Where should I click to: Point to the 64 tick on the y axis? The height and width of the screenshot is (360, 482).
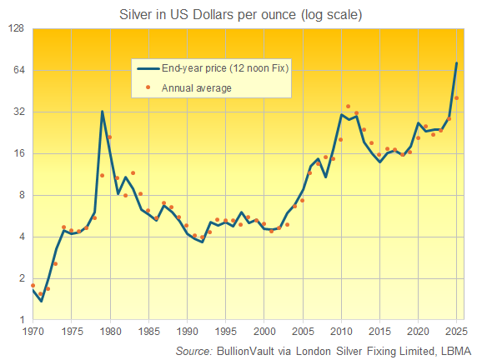coord(19,71)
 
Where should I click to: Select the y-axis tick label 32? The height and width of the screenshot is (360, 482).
coord(19,112)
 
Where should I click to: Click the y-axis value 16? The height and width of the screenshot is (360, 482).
coord(19,154)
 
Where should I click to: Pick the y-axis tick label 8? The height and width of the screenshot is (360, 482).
coord(23,196)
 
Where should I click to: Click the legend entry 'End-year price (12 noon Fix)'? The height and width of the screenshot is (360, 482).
coord(225,69)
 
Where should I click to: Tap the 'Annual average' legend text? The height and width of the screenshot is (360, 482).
coord(197,87)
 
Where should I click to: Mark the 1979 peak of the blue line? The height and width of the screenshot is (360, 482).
coord(102,112)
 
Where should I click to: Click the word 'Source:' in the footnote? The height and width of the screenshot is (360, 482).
coord(193,351)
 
